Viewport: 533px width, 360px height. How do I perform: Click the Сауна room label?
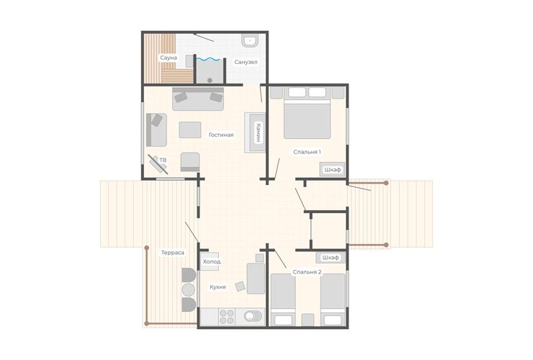pos(169,58)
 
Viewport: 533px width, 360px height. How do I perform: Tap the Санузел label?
pos(246,62)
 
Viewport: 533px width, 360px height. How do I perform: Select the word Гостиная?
pos(221,135)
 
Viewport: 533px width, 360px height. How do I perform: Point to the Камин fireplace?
pos(255,132)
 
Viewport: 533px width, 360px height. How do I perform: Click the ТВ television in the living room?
pos(158,164)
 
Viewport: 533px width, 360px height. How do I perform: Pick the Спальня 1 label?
pos(307,152)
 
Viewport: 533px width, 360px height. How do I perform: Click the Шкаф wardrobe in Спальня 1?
pos(332,169)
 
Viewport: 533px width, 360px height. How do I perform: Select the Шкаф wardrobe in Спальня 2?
pos(331,258)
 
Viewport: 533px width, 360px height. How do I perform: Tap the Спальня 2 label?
pos(307,272)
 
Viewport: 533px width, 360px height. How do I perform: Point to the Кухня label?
pos(218,287)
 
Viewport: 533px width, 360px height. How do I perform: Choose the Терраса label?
pos(173,253)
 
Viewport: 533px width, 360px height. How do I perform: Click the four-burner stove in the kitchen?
pos(227,317)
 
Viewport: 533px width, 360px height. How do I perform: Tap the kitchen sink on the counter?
pos(254,317)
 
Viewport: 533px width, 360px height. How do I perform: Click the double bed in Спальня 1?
pos(307,113)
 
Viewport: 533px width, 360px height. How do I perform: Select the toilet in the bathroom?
pos(250,40)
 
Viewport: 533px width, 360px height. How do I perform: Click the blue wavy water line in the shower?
pos(209,59)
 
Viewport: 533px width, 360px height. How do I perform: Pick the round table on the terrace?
pos(188,289)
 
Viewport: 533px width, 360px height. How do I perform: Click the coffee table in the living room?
pos(190,130)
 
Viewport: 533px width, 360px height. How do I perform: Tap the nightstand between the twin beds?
pos(308,320)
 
